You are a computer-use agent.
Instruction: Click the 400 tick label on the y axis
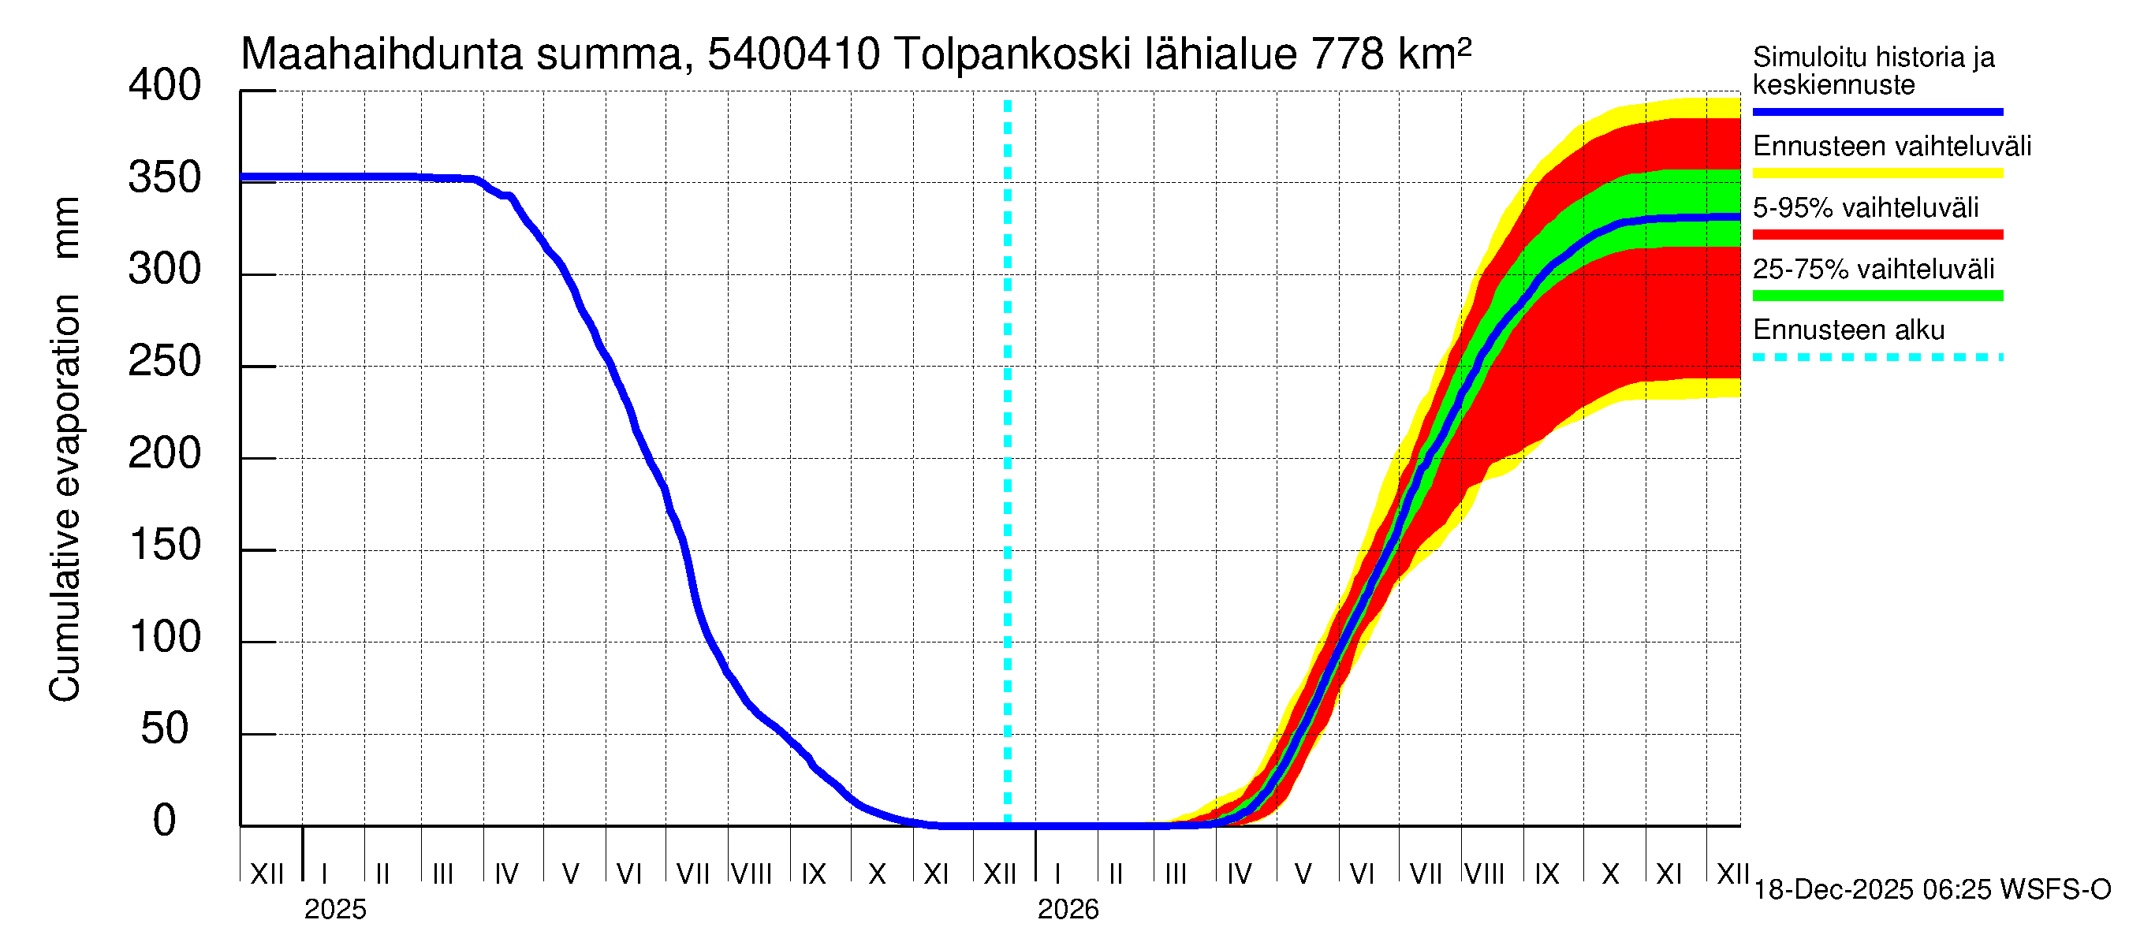point(165,86)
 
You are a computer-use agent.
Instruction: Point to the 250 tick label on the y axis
point(165,362)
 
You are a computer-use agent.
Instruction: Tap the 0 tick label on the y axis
point(165,821)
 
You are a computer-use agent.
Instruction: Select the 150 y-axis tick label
point(165,546)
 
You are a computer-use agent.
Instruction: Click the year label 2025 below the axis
point(334,910)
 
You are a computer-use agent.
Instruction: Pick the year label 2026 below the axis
point(1068,910)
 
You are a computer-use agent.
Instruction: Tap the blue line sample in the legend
point(1877,111)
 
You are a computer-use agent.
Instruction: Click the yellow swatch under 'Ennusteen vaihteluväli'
point(1877,173)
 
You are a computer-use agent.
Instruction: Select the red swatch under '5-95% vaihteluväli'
point(1877,235)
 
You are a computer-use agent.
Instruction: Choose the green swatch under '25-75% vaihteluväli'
point(1877,296)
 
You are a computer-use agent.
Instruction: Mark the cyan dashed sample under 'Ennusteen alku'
point(1877,358)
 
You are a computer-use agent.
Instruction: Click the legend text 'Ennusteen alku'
point(1848,330)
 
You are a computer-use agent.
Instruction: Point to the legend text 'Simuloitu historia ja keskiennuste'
point(1873,71)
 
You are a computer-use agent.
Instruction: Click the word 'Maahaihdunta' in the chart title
point(382,55)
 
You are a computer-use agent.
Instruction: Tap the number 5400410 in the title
point(793,55)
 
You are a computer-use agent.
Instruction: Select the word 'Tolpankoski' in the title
point(1012,55)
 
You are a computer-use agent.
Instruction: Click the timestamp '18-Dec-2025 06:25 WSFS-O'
point(1931,890)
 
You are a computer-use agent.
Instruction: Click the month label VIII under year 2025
point(751,873)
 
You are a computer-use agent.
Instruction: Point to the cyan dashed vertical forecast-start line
point(1008,463)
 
